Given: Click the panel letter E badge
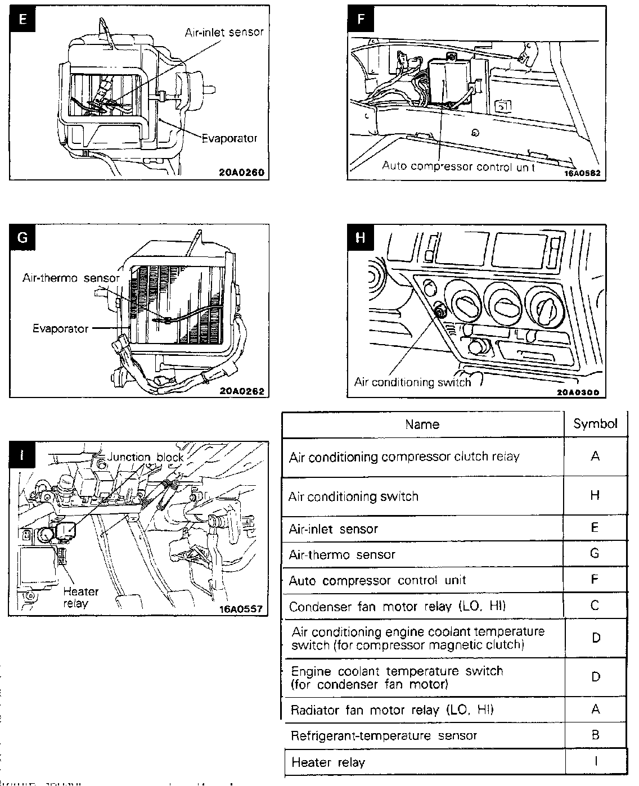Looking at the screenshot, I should pyautogui.click(x=22, y=20).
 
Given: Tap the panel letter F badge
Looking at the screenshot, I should pyautogui.click(x=361, y=20).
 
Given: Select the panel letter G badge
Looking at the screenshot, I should pyautogui.click(x=22, y=237).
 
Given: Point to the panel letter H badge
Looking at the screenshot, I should pyautogui.click(x=361, y=237).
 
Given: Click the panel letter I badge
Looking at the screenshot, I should pyautogui.click(x=22, y=456).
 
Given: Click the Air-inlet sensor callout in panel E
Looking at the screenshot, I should pyautogui.click(x=224, y=32).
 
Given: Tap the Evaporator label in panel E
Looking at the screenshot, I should pyautogui.click(x=229, y=138).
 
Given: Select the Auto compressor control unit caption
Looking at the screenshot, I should pyautogui.click(x=458, y=166).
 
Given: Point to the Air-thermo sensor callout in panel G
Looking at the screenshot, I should pyautogui.click(x=71, y=278).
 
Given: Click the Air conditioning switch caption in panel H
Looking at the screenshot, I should pyautogui.click(x=412, y=382).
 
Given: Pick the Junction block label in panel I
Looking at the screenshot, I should pyautogui.click(x=146, y=457).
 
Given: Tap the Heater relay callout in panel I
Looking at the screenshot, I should pyautogui.click(x=81, y=598).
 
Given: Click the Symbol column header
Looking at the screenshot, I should pyautogui.click(x=595, y=424).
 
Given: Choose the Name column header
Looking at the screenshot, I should pyautogui.click(x=422, y=424).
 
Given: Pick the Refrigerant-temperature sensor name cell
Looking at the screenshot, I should pyautogui.click(x=384, y=735).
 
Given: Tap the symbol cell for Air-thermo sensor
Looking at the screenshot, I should pyautogui.click(x=595, y=554).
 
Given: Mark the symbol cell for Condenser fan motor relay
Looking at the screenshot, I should pyautogui.click(x=595, y=606).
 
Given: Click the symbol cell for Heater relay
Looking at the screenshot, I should pyautogui.click(x=595, y=762).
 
